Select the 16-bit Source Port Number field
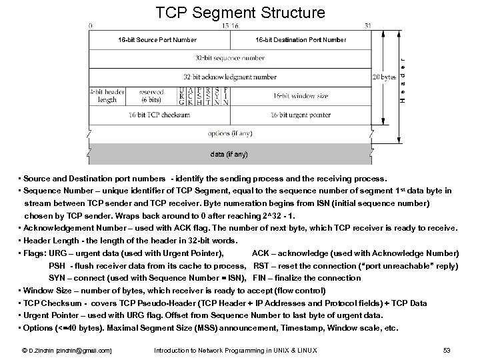[158, 40]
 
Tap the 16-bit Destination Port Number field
[301, 40]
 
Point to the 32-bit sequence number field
[229, 59]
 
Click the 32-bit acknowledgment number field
[229, 77]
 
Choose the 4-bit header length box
[107, 96]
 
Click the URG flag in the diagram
[183, 96]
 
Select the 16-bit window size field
[300, 96]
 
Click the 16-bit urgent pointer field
[300, 115]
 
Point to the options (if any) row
[229, 133]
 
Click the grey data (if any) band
[229, 154]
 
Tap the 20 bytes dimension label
[384, 77]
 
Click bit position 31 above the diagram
[368, 25]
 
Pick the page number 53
[447, 350]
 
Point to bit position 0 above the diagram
[91, 25]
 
